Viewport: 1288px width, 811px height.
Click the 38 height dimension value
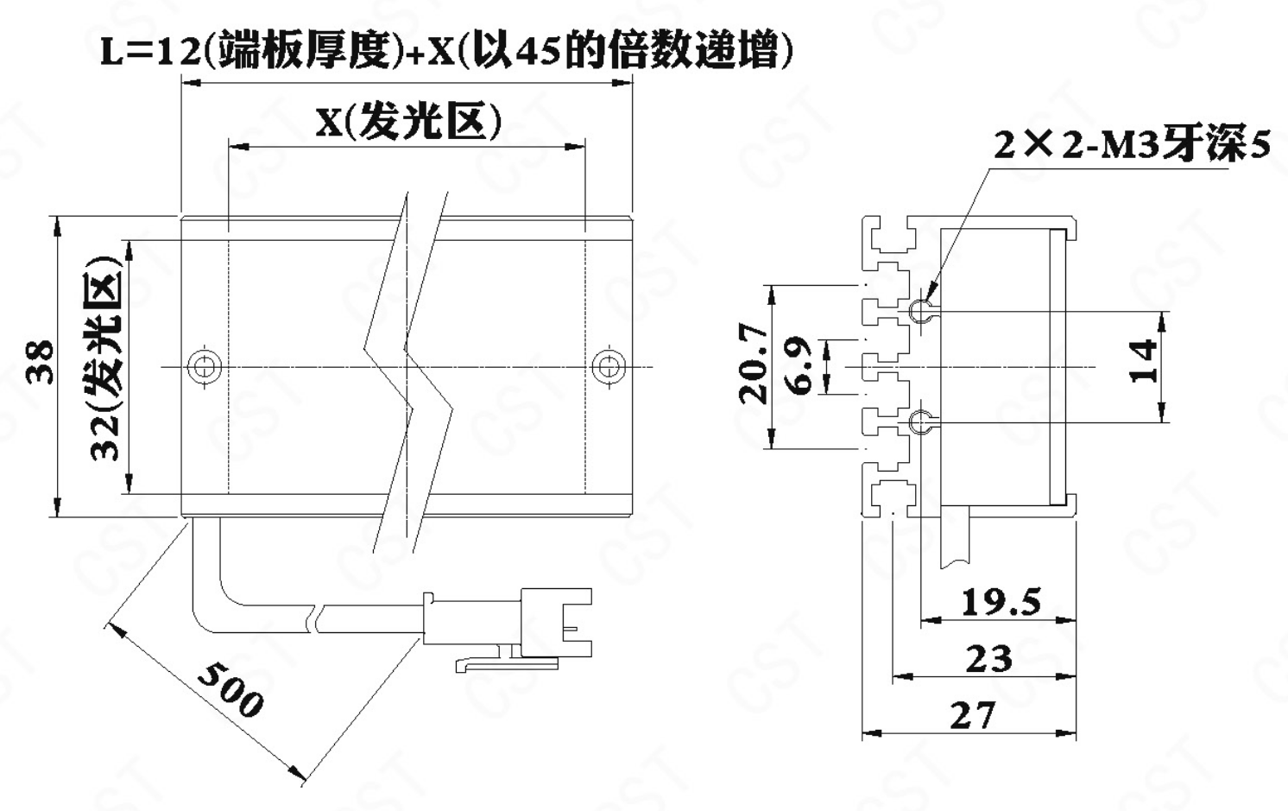pyautogui.click(x=41, y=363)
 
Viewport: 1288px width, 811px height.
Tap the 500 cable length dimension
pyautogui.click(x=230, y=689)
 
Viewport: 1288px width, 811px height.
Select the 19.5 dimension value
pyautogui.click(x=1001, y=602)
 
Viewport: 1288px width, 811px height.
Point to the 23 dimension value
pyautogui.click(x=988, y=659)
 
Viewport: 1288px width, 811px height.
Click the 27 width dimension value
pyautogui.click(x=972, y=715)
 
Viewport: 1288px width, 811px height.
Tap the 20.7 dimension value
pyautogui.click(x=754, y=364)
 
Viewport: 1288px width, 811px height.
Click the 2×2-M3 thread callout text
pyautogui.click(x=1132, y=143)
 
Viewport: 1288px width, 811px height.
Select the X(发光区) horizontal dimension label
pyautogui.click(x=409, y=122)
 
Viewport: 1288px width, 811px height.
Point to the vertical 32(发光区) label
pyautogui.click(x=106, y=358)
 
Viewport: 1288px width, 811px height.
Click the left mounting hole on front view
pyautogui.click(x=205, y=366)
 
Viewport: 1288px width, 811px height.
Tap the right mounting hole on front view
pyautogui.click(x=609, y=366)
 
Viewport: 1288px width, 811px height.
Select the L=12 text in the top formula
pyautogui.click(x=150, y=53)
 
